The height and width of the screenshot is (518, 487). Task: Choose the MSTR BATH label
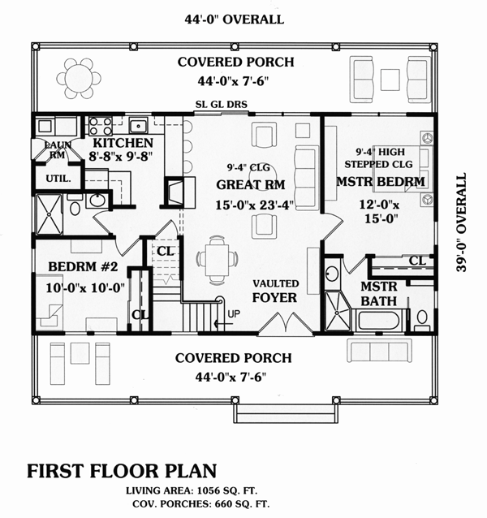click(x=378, y=295)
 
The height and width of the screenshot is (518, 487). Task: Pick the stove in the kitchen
click(x=99, y=126)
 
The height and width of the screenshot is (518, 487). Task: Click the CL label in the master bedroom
click(x=417, y=261)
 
